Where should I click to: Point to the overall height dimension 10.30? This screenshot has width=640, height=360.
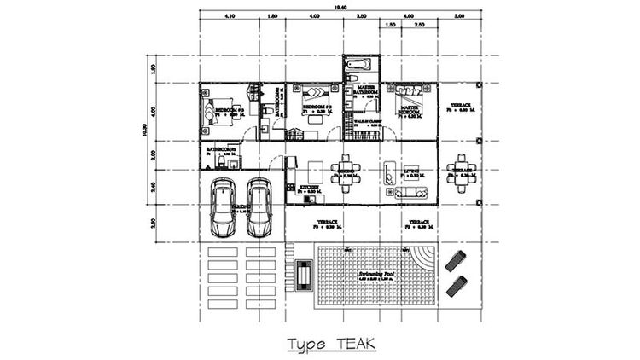point(147,131)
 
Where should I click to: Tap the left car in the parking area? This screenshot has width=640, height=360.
point(224,209)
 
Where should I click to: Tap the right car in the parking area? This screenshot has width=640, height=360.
point(259,209)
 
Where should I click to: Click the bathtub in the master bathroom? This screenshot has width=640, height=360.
point(357,65)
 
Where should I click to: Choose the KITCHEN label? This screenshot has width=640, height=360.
point(309,187)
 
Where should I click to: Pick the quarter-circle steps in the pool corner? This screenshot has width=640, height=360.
point(423,257)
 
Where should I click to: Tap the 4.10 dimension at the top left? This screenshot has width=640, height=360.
point(230,16)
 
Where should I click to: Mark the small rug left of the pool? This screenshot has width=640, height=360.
point(303,275)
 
